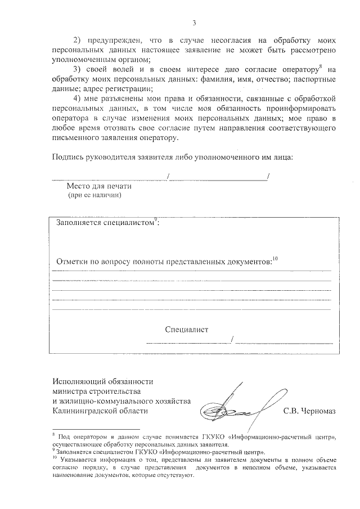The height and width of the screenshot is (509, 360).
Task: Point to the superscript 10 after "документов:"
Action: pyautogui.click(x=275, y=259)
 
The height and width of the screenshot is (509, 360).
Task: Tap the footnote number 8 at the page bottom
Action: pyautogui.click(x=54, y=434)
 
